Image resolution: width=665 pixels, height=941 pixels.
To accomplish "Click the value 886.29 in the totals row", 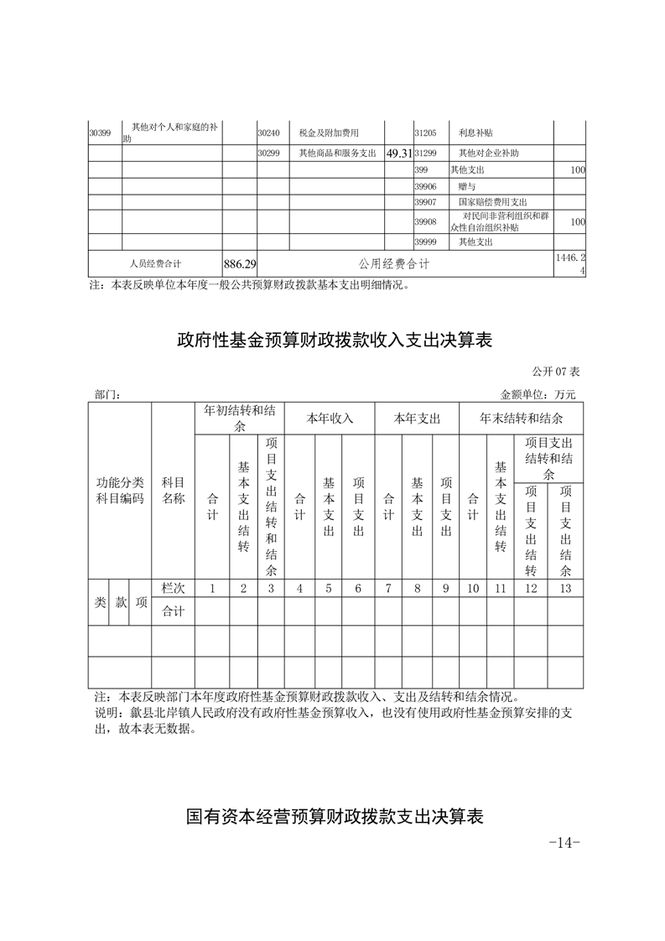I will click(x=240, y=264).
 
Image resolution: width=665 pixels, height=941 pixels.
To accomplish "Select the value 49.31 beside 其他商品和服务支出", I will click(x=398, y=154).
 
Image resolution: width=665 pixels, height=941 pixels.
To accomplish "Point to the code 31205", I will click(x=426, y=133).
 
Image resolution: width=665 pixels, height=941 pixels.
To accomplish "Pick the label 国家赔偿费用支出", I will click(x=492, y=202).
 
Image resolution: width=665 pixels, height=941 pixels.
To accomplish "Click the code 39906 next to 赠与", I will click(x=426, y=186).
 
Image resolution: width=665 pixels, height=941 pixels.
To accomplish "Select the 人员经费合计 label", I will click(x=156, y=264).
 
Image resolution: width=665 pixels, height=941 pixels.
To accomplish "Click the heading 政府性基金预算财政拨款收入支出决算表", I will click(x=333, y=341).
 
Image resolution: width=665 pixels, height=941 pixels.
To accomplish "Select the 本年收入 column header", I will click(x=330, y=418).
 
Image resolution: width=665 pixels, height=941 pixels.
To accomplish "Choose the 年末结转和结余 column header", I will click(x=521, y=418).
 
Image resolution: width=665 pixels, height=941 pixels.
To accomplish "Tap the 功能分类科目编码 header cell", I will click(x=119, y=490).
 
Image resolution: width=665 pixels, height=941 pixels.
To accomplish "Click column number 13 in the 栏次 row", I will click(x=565, y=588).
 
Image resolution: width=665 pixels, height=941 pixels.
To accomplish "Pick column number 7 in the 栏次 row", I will click(x=388, y=588).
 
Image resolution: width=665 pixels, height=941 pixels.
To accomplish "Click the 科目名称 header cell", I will click(x=173, y=490).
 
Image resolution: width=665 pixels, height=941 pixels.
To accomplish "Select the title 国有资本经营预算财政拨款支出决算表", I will click(x=334, y=816).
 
